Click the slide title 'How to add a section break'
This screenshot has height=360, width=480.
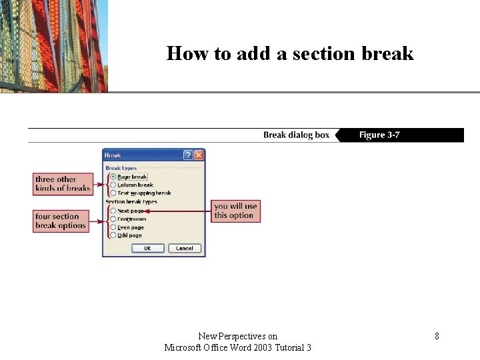(290, 53)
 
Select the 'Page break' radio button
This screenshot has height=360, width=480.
(113, 177)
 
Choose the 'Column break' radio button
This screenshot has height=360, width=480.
(113, 185)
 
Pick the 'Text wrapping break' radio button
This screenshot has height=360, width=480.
(113, 193)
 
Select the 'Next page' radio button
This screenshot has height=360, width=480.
(113, 211)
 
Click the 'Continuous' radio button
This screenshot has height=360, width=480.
(113, 219)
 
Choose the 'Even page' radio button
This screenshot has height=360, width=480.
(113, 227)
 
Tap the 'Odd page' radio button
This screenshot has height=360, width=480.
(113, 235)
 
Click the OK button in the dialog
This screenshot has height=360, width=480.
(147, 249)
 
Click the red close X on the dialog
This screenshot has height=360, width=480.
(199, 155)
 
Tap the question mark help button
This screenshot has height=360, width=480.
(188, 155)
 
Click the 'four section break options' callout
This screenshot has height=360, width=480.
(61, 221)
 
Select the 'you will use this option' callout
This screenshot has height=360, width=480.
(235, 211)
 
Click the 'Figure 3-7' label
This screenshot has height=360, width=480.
(379, 135)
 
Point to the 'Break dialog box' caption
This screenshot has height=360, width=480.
(296, 135)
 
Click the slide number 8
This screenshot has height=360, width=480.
(437, 337)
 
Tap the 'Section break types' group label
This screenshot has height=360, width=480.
(131, 202)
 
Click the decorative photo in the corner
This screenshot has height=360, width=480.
(53, 45)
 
